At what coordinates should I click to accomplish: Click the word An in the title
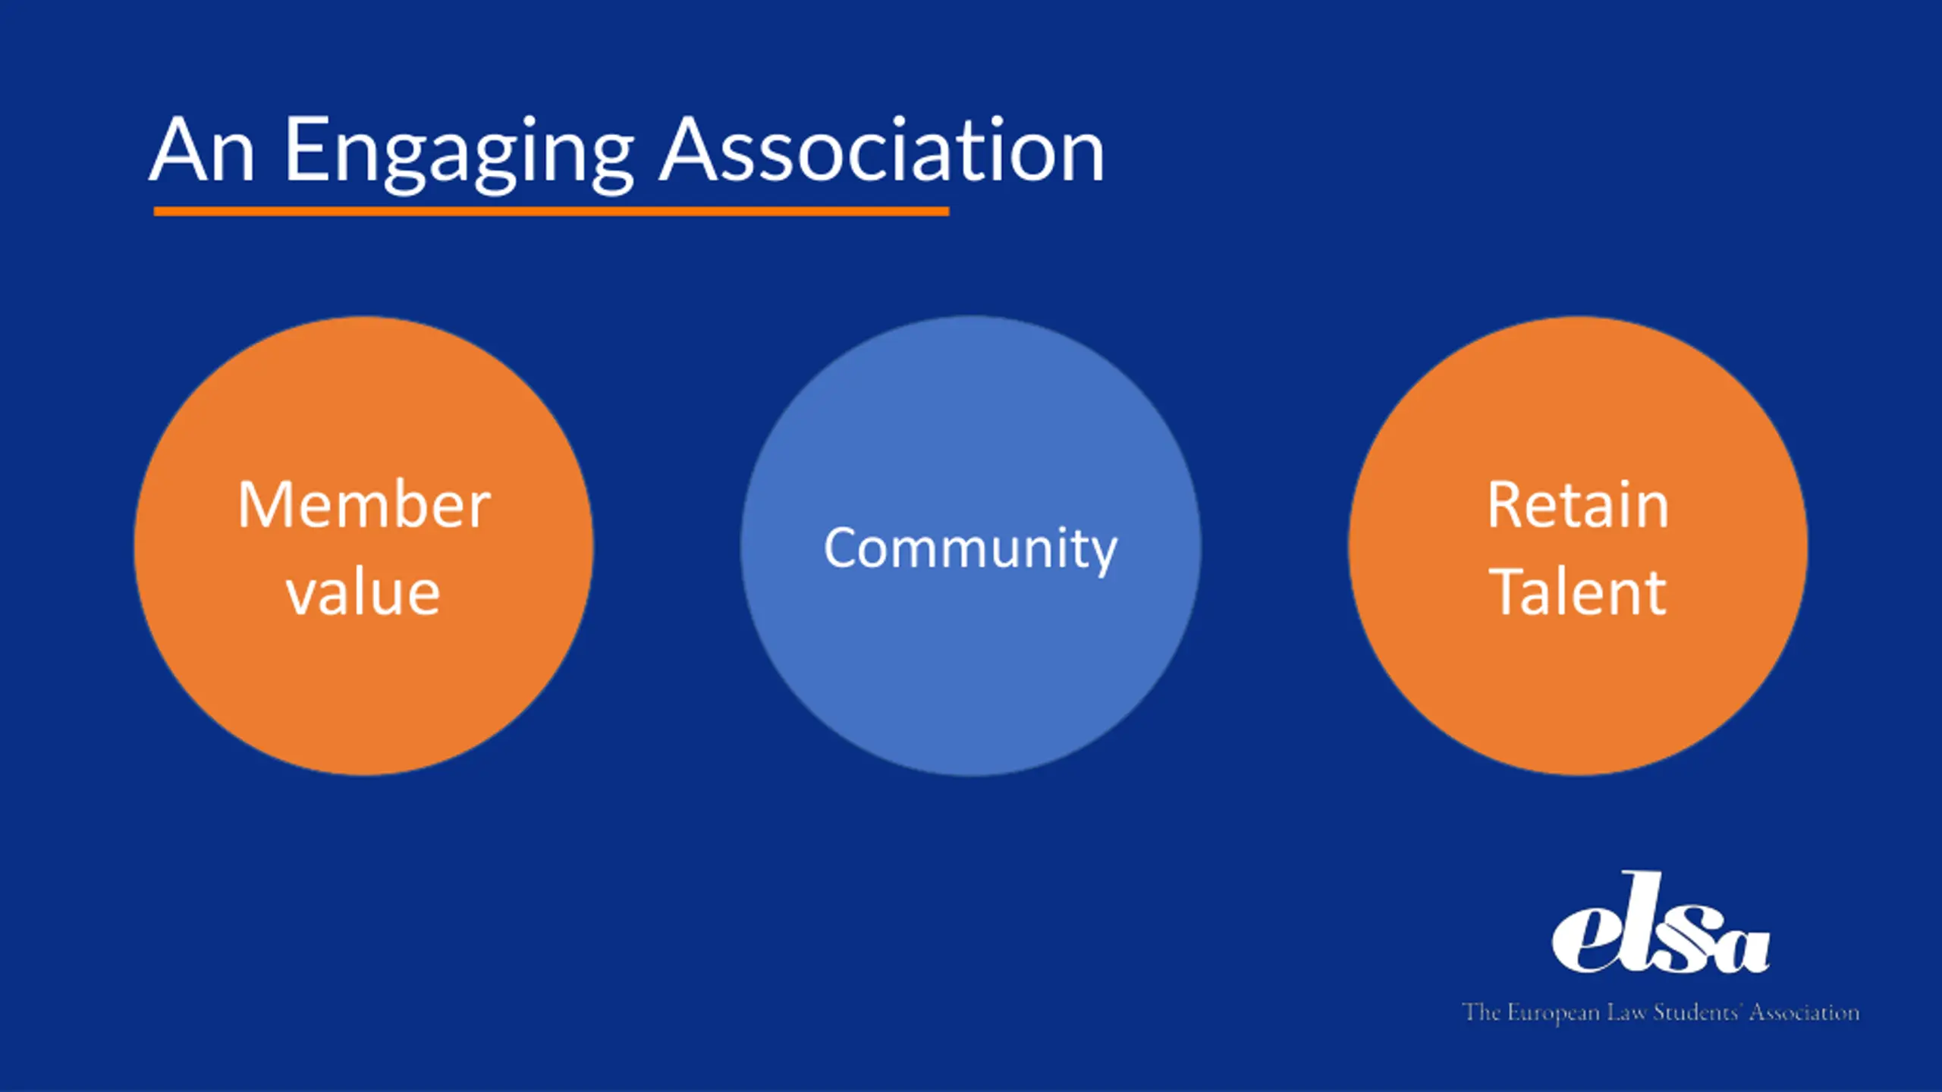click(x=202, y=151)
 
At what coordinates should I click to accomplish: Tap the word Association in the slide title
click(x=881, y=151)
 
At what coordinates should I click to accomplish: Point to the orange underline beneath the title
click(x=551, y=212)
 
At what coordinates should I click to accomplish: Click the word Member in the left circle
click(x=364, y=505)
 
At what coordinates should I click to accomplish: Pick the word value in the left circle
click(x=363, y=593)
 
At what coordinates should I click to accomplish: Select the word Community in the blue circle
click(x=970, y=548)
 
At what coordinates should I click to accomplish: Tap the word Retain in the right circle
click(x=1578, y=505)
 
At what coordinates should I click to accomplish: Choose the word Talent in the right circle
click(x=1578, y=593)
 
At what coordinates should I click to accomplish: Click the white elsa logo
click(x=1660, y=925)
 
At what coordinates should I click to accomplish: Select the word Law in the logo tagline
click(x=1626, y=1013)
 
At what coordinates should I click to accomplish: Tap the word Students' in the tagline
click(x=1696, y=1013)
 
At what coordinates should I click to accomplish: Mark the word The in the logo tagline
click(x=1481, y=1013)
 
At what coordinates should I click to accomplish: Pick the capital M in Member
click(x=265, y=505)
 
